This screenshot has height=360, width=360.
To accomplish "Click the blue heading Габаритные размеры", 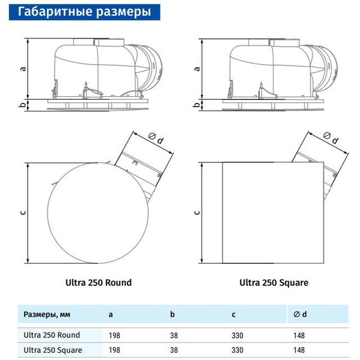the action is tap(84, 12).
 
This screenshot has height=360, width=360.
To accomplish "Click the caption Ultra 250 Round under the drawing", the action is tap(98, 282).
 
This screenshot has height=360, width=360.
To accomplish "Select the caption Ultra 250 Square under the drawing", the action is tap(274, 282).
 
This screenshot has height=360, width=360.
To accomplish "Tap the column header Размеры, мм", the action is tap(47, 314).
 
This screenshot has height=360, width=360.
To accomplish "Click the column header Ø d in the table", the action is tap(300, 314).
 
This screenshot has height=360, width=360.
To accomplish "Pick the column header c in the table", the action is tap(233, 314).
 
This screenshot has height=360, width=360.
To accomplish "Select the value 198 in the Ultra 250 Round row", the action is tap(114, 335).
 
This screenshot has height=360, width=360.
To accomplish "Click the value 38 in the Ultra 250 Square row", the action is tap(174, 350).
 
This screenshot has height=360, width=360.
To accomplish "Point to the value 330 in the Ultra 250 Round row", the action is tap(237, 335).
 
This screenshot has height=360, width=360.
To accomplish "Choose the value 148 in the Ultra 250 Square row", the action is tap(299, 350).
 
